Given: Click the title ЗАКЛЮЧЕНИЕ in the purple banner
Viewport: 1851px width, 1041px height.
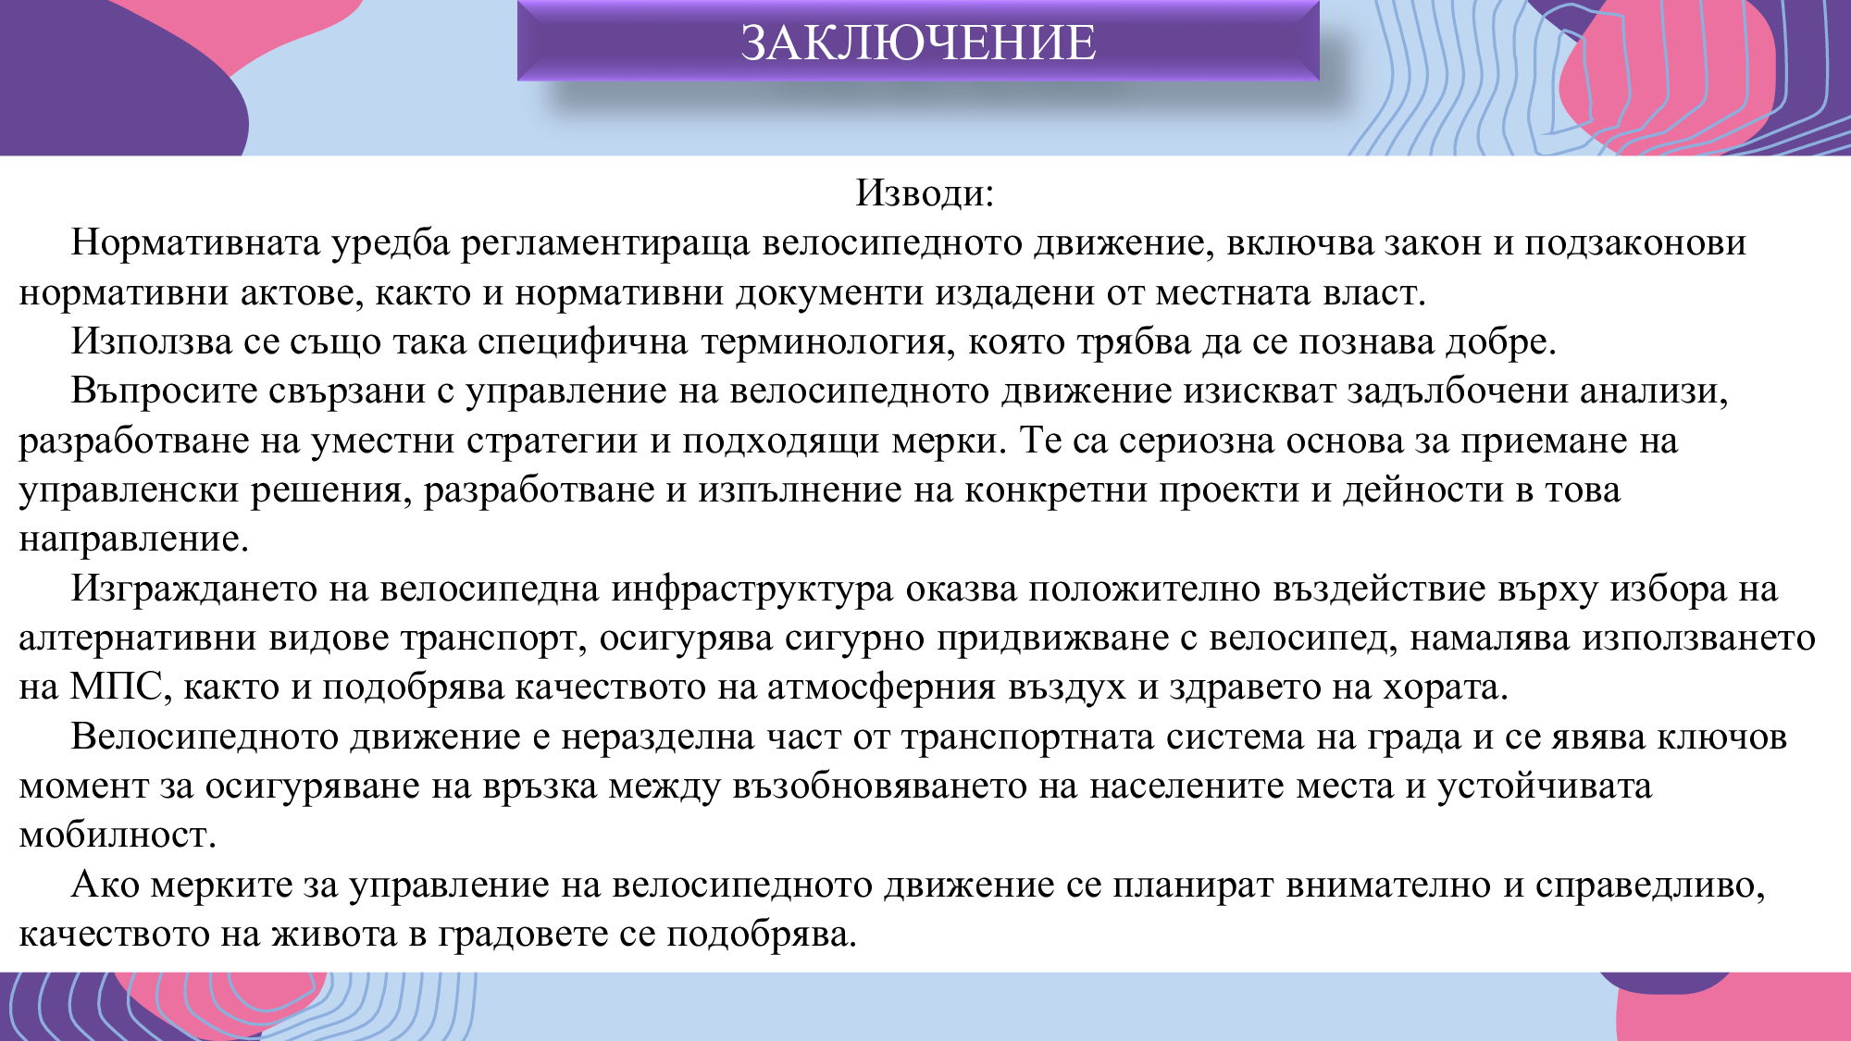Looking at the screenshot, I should click(x=918, y=43).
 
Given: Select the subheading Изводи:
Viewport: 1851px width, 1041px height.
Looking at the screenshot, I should click(x=924, y=192).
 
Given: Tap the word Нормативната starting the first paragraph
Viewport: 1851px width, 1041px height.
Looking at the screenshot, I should click(x=196, y=242).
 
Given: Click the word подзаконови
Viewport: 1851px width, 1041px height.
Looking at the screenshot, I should click(x=1635, y=242).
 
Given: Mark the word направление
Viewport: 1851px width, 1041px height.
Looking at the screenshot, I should click(x=133, y=539).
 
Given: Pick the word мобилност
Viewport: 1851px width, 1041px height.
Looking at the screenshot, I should click(x=117, y=836).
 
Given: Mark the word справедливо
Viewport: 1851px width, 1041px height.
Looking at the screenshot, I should click(x=1649, y=885).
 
